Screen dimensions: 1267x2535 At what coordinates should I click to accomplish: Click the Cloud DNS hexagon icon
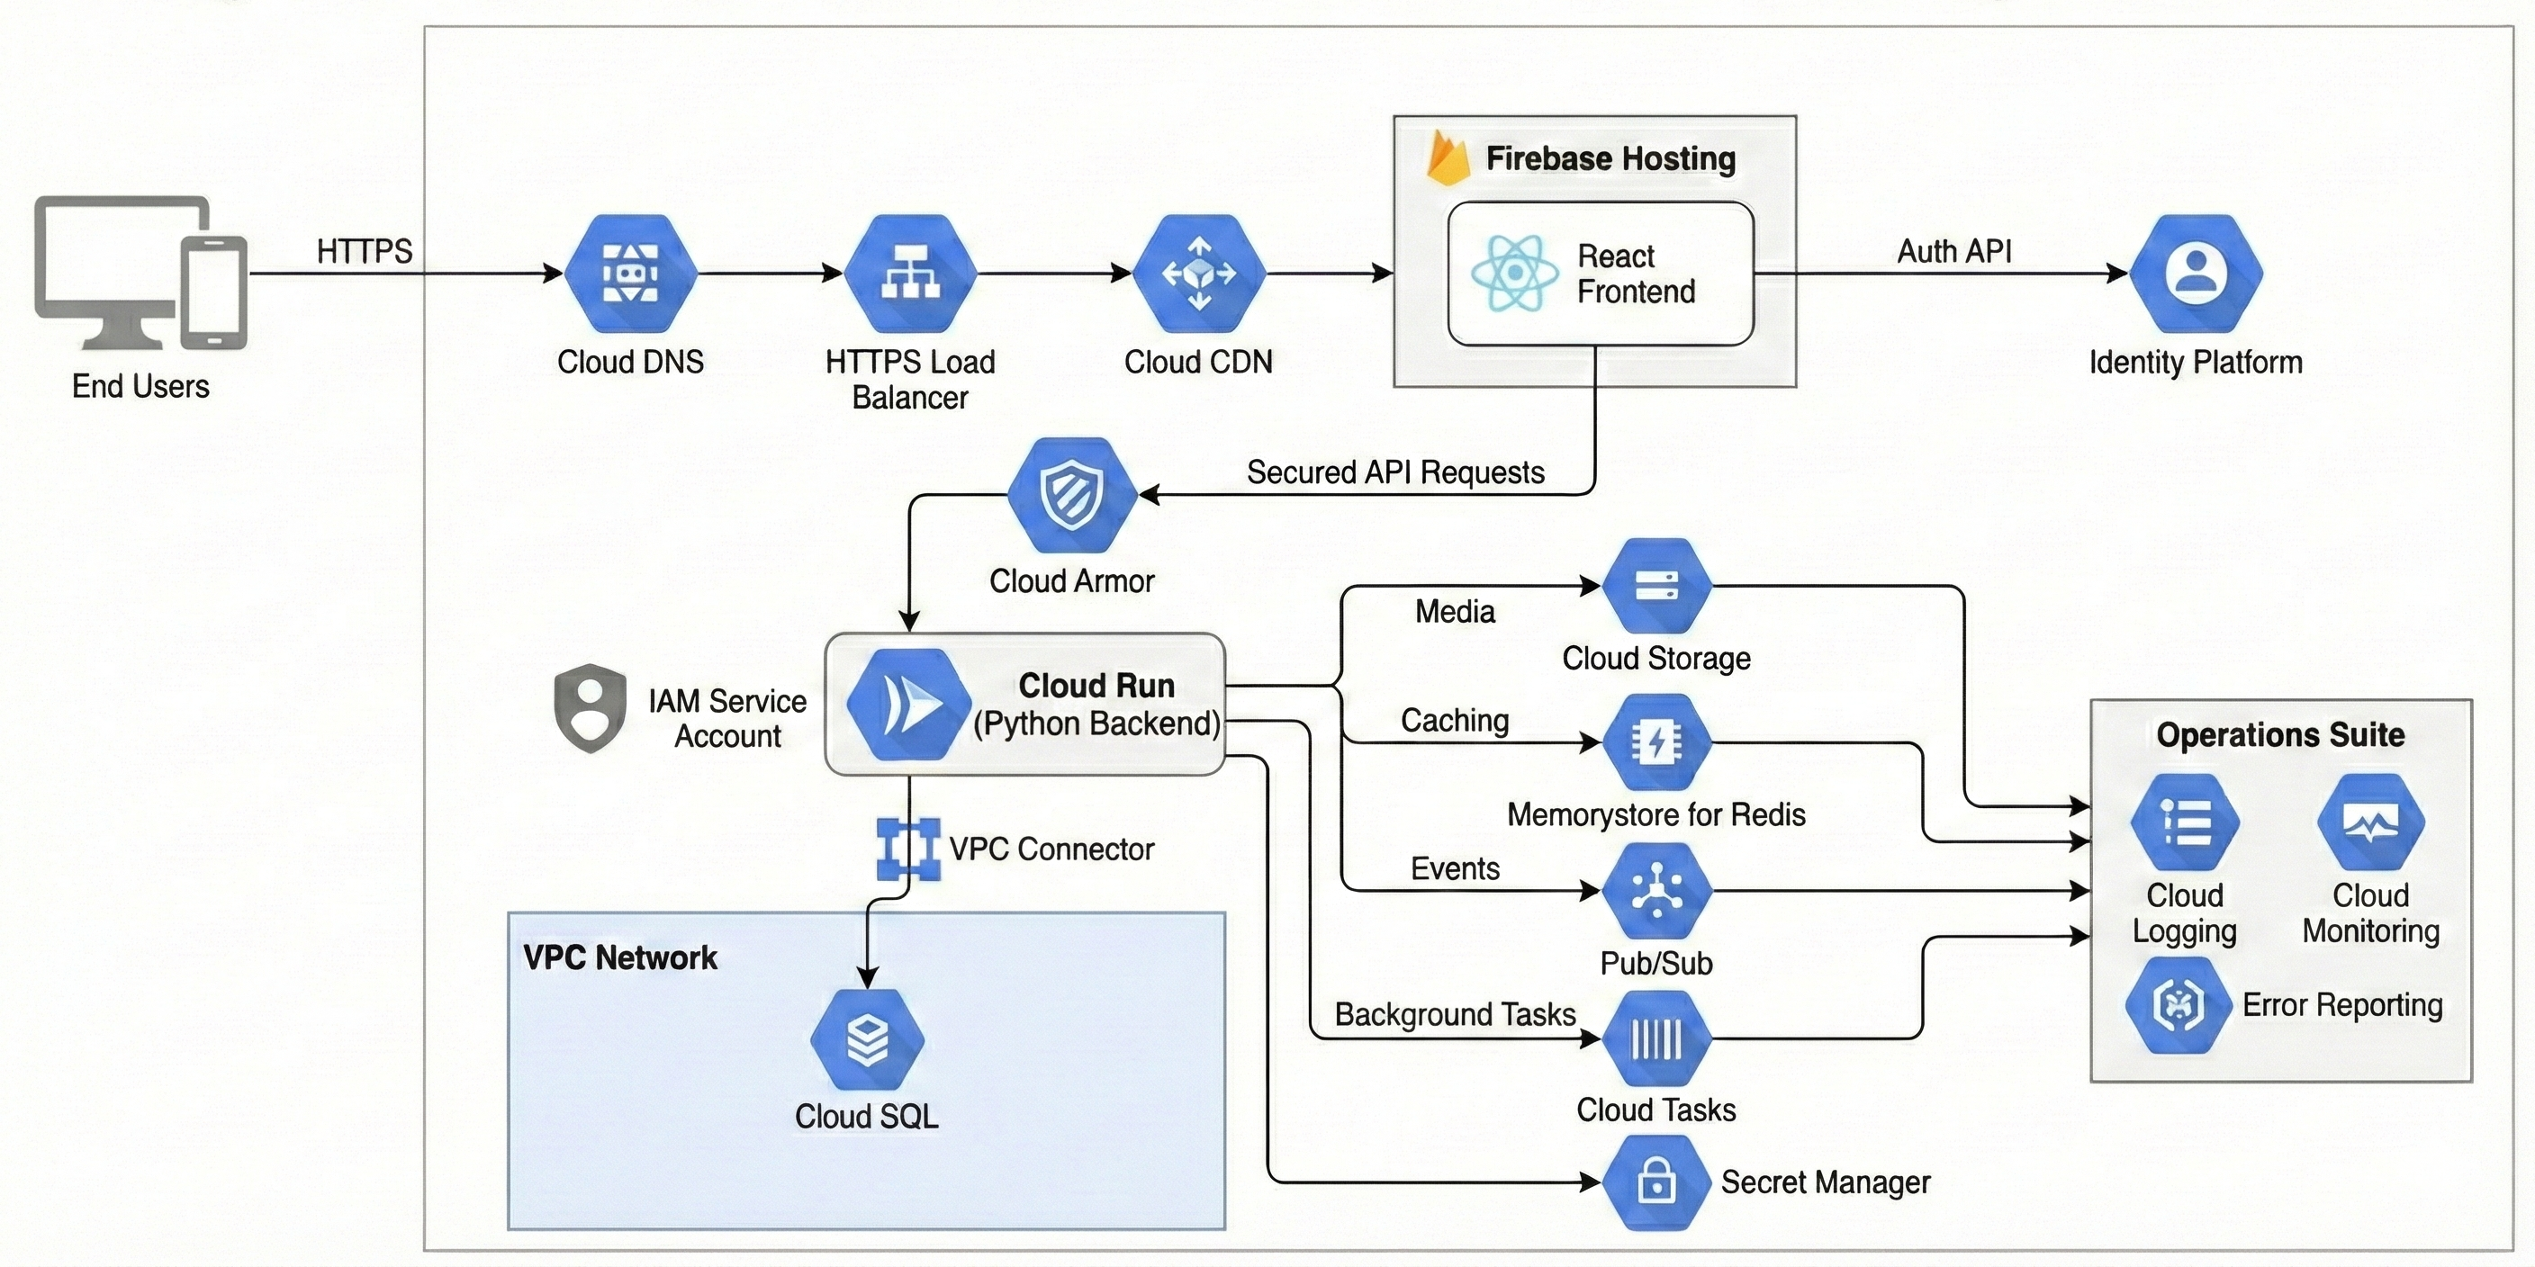click(630, 274)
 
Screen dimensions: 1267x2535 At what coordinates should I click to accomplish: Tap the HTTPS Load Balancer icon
click(910, 274)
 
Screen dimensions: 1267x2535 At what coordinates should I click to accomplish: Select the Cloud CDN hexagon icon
click(1198, 274)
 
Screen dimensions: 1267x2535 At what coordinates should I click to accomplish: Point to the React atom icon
click(1514, 274)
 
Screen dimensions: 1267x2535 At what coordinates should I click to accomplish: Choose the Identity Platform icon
click(2196, 274)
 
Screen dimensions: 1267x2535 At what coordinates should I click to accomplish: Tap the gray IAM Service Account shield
click(590, 708)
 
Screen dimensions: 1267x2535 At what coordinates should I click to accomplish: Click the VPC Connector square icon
click(907, 849)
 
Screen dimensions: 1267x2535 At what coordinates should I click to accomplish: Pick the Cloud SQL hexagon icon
click(867, 1039)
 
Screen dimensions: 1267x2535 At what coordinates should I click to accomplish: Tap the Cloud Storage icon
click(1657, 587)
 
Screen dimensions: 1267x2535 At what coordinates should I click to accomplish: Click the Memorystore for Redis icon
click(1657, 742)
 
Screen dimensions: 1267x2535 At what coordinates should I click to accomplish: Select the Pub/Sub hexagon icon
click(1657, 891)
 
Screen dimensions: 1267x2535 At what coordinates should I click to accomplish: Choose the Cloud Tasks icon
click(1657, 1038)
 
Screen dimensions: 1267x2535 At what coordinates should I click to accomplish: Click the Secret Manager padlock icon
click(1657, 1182)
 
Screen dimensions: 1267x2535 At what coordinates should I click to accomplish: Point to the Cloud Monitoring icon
click(2370, 823)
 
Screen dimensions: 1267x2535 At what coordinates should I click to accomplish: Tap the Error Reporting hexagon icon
click(2178, 1005)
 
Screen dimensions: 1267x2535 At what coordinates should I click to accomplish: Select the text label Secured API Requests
click(1395, 472)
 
